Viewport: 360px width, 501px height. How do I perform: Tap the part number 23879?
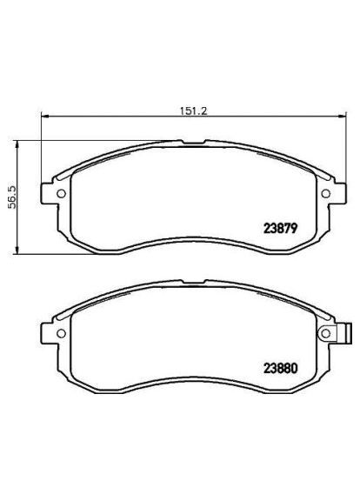point(281,230)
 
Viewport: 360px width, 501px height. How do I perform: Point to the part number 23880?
point(281,367)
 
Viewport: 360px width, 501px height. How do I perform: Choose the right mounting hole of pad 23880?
point(325,331)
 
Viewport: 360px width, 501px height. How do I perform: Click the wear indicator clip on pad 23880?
point(346,331)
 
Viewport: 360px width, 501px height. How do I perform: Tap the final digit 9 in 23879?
point(296,230)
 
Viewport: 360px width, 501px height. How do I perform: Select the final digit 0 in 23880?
point(296,367)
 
